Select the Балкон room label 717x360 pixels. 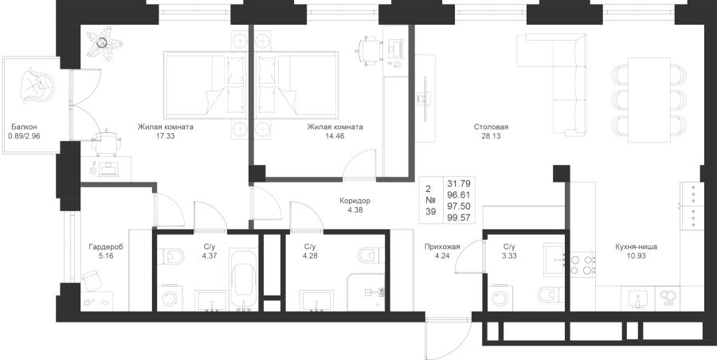(x=24, y=127)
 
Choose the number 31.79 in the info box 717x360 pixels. (x=460, y=184)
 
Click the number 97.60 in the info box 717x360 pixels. (x=460, y=205)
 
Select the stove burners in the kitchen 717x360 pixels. (x=587, y=264)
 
